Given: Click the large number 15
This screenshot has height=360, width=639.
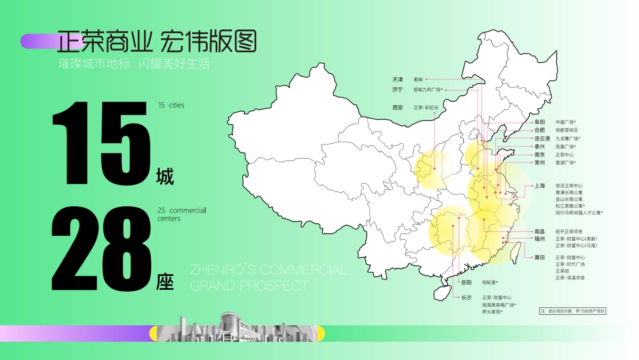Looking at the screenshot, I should point(99,143).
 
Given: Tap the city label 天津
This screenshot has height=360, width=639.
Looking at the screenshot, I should point(398,79).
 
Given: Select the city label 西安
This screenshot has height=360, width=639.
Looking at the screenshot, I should point(398,107).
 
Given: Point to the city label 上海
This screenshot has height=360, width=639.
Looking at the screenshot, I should point(539,186).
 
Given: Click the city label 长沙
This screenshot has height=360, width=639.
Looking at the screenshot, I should point(466,297).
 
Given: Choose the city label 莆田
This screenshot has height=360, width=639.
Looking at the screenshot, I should point(539,257).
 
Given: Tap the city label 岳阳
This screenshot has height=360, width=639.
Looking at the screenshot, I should point(466,282).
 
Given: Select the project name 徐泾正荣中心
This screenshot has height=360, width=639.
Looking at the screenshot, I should point(569,186).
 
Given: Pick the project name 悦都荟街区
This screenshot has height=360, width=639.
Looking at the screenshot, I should point(567,130).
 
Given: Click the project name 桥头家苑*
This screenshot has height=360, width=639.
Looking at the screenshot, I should point(493,312).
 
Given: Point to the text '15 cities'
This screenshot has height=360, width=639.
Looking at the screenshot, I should point(171,105).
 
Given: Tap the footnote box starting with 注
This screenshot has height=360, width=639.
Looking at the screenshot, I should point(573,311).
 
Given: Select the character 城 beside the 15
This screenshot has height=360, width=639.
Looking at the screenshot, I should point(165,176).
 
